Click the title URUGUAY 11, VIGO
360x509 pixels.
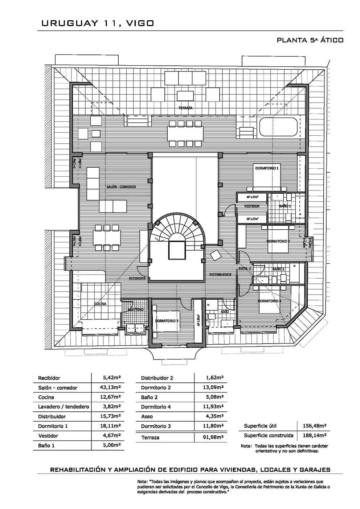click(x=98, y=24)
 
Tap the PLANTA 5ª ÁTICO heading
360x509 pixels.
click(x=310, y=40)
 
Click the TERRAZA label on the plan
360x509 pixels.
click(x=185, y=108)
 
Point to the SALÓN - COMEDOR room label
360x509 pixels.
click(x=121, y=187)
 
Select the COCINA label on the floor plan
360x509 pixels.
click(x=100, y=304)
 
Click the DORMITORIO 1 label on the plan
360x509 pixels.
click(x=267, y=168)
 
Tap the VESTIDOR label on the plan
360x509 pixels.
click(x=252, y=206)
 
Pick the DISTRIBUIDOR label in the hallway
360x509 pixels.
click(x=220, y=275)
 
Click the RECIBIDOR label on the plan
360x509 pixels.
click(x=137, y=279)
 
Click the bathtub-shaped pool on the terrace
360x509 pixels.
click(x=278, y=127)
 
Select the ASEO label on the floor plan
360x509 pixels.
click(x=224, y=312)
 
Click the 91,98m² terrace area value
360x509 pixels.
click(x=213, y=438)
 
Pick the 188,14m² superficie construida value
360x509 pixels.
click(x=315, y=435)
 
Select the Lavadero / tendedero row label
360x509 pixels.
click(x=64, y=407)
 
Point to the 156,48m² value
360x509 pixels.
click(x=315, y=426)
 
